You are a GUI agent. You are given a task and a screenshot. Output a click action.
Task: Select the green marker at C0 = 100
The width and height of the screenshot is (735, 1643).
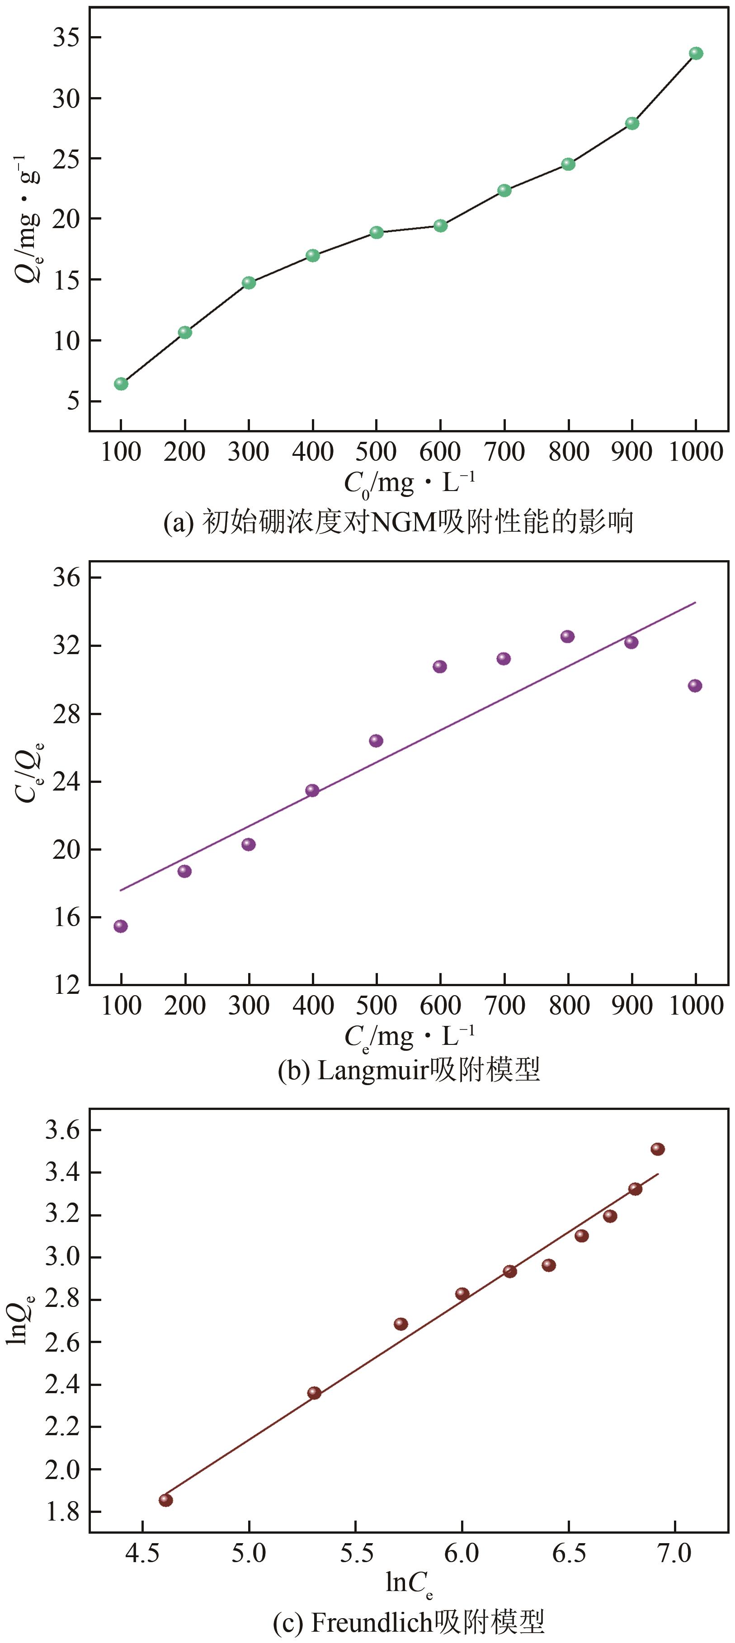click(x=121, y=384)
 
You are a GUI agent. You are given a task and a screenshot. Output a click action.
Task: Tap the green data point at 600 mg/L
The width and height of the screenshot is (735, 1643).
click(x=440, y=225)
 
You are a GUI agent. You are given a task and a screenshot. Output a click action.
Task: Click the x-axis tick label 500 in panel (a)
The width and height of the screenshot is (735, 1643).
click(x=377, y=452)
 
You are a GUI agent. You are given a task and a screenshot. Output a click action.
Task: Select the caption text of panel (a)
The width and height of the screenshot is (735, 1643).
click(x=399, y=522)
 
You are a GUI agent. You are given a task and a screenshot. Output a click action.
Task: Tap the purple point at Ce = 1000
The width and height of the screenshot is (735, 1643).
click(x=695, y=686)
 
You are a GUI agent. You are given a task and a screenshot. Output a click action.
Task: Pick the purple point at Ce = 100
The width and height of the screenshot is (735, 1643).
click(x=121, y=926)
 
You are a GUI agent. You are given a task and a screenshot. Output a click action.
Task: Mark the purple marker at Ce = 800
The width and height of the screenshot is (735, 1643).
click(x=567, y=636)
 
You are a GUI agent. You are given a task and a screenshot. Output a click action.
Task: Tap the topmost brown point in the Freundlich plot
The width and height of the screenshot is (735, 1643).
click(x=658, y=1149)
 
